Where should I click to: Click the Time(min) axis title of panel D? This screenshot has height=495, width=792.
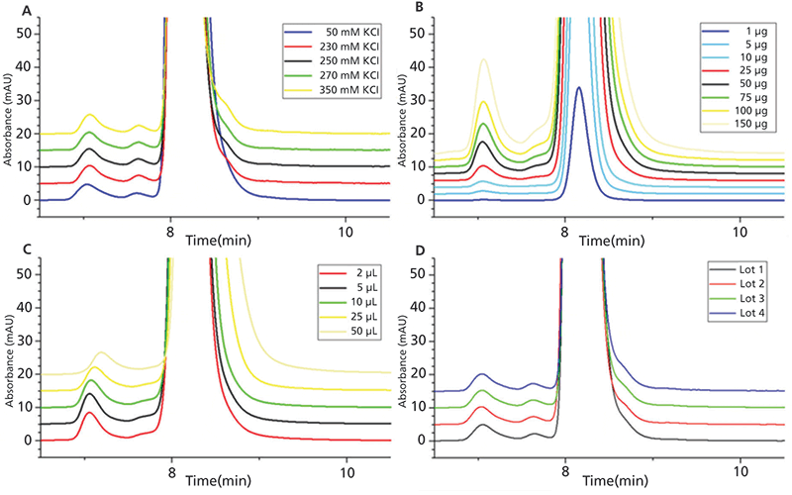[610, 480]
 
